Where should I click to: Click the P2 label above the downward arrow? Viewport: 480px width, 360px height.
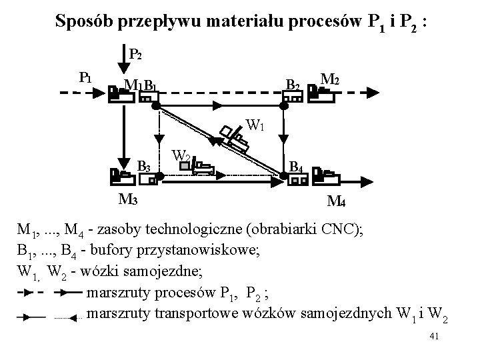134,54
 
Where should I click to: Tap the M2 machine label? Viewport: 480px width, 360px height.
331,80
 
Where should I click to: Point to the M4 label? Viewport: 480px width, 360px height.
337,201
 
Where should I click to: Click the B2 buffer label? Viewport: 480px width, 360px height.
292,84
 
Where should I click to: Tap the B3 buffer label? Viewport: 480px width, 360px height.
144,166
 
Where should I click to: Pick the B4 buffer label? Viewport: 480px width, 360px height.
297,166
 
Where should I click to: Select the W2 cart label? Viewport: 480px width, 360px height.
181,157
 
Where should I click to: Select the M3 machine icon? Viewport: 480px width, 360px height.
119,177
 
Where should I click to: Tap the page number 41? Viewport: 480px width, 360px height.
435,339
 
